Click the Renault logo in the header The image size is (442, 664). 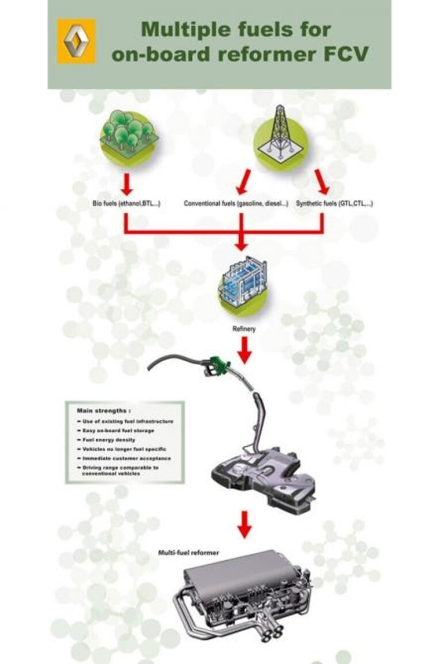coord(76,41)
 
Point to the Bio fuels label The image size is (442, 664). coord(126,204)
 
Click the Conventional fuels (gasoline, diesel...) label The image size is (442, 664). coord(236,204)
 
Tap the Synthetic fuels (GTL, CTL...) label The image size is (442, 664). coord(334,204)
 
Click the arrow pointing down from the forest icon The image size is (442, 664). coord(127,184)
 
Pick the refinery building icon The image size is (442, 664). coord(242,284)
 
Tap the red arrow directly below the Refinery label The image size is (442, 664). coord(245,350)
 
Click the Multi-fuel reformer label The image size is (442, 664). coord(188,552)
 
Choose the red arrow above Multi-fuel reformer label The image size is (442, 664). coord(245,523)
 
